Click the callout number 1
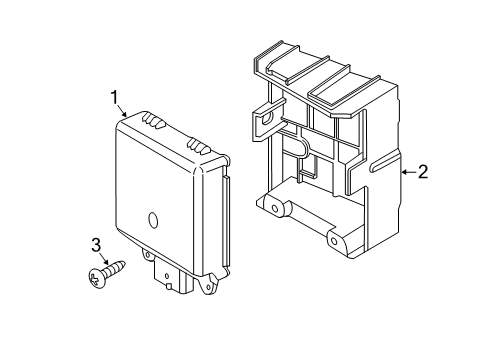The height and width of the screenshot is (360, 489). pyautogui.click(x=116, y=96)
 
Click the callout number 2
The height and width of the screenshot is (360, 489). pyautogui.click(x=422, y=172)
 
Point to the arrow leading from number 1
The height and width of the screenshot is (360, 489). pyautogui.click(x=124, y=112)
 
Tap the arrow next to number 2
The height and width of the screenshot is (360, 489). pyautogui.click(x=404, y=173)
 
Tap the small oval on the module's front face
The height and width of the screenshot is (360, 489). pyautogui.click(x=153, y=221)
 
